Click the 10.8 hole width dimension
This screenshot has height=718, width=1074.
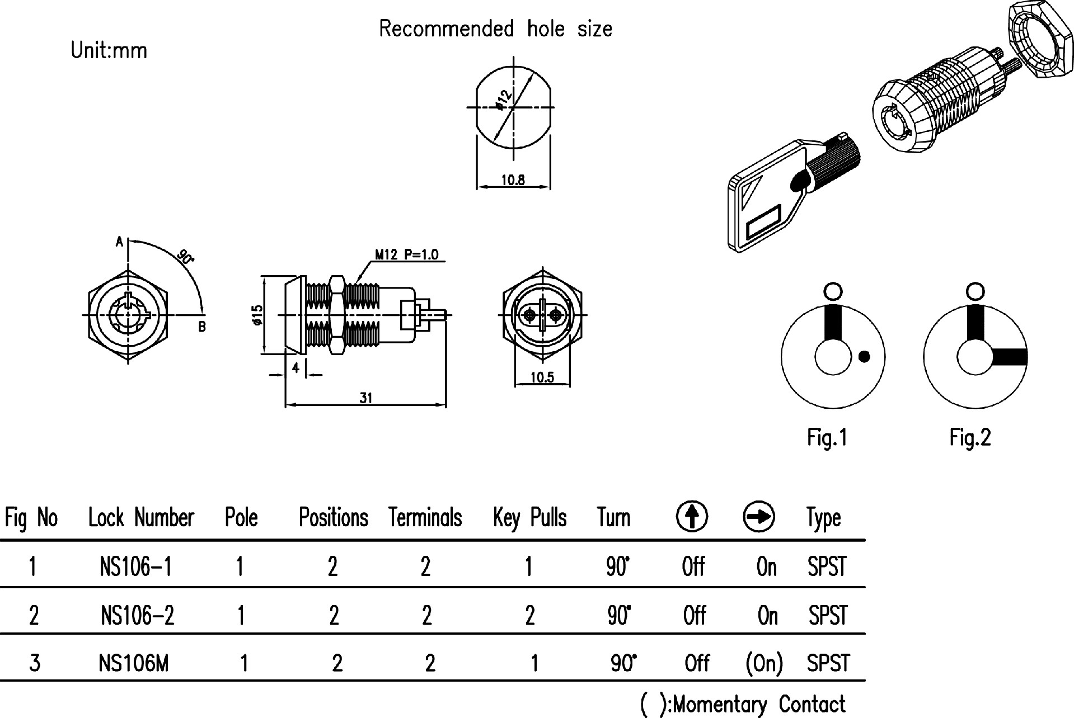513,180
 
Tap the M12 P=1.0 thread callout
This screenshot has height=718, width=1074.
407,255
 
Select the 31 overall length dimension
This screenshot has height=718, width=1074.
365,398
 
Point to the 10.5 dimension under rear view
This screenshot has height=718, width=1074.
542,377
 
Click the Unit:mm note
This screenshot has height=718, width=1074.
109,51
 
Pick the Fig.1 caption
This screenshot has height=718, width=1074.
827,437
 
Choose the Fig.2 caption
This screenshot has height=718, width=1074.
970,437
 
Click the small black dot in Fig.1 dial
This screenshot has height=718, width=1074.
864,356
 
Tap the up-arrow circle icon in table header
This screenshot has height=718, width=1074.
692,516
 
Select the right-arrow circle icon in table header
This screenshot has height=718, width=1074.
759,516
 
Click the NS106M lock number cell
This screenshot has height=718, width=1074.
133,664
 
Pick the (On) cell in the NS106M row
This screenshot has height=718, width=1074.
764,664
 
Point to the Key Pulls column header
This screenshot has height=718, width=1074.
529,518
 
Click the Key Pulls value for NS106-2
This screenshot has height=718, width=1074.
529,616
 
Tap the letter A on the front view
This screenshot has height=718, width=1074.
119,242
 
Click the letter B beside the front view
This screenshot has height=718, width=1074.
202,327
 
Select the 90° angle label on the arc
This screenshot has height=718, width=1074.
185,257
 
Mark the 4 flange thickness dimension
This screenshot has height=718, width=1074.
296,368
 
